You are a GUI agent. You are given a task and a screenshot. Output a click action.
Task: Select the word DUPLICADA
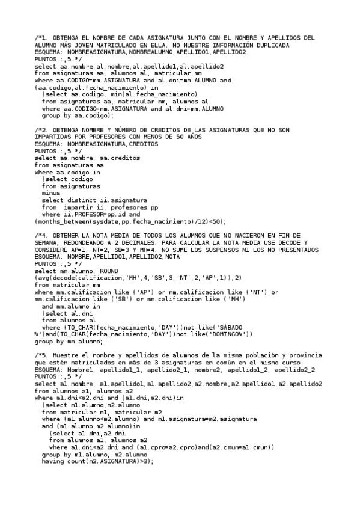(x=272, y=45)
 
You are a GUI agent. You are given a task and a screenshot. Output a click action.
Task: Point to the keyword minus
(x=50, y=193)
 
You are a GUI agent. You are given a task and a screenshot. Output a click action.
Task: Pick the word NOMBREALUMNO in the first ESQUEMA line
(x=153, y=52)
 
